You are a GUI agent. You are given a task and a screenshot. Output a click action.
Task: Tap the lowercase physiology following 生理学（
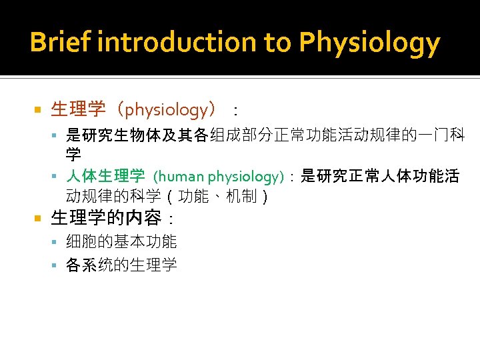point(167,109)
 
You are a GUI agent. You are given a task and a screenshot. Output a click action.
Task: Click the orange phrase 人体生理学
point(105,176)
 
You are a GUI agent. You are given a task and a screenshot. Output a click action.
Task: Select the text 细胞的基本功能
point(121,242)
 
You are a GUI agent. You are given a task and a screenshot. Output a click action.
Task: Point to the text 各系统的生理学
point(121,265)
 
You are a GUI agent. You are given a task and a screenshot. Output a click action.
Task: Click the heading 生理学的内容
point(106,218)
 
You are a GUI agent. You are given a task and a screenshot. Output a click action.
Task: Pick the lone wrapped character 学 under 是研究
point(74,155)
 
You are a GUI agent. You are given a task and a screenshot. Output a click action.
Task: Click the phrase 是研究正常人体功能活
point(380,176)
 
